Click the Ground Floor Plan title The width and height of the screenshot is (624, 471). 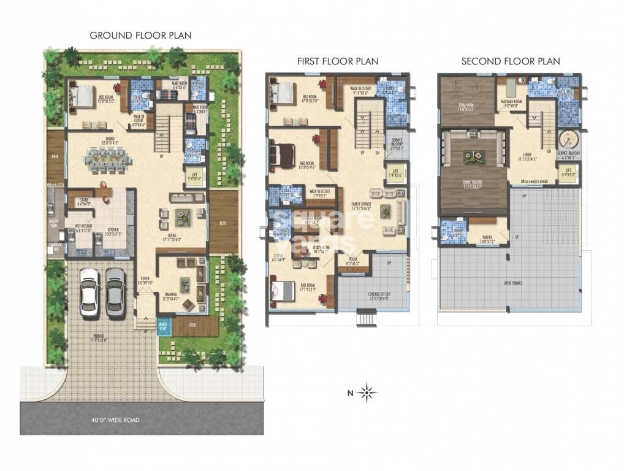coord(140,36)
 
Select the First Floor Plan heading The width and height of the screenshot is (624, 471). coord(337,61)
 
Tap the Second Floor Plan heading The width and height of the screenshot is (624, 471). coord(510,61)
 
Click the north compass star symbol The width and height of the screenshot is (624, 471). coord(368,392)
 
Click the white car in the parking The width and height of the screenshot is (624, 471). coord(89,291)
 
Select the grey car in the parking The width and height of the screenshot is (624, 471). coord(115,291)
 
